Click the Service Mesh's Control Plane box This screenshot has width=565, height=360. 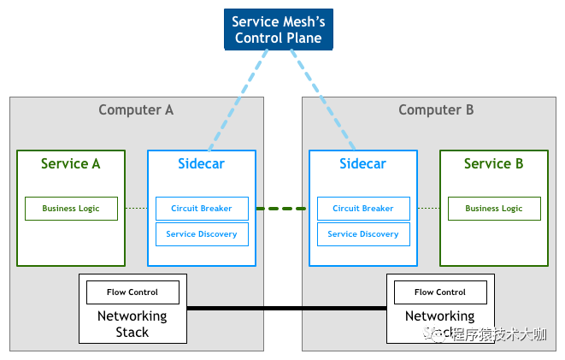point(278,30)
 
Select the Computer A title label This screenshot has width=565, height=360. point(136,109)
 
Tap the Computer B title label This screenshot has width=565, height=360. point(436,109)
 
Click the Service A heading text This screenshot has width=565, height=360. point(71,163)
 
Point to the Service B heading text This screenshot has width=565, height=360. point(493,163)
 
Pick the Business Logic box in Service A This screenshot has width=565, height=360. point(71,209)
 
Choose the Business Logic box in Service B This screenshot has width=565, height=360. point(493,209)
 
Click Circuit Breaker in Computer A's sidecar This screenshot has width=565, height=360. point(202,209)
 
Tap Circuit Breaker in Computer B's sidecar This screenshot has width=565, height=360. point(363,209)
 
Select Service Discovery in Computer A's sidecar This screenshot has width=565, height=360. point(202,234)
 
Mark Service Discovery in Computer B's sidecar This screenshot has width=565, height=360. point(363,234)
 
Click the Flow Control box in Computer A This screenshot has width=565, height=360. point(132,292)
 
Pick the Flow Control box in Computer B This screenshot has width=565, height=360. point(440,292)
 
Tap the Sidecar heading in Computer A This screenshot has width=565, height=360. point(202,163)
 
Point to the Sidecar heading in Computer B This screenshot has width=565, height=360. point(363,163)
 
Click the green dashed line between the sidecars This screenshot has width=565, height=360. point(282,209)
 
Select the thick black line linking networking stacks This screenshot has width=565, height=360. point(286,308)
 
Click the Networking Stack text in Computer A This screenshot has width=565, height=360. point(132,323)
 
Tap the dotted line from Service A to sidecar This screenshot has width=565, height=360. point(136,209)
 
